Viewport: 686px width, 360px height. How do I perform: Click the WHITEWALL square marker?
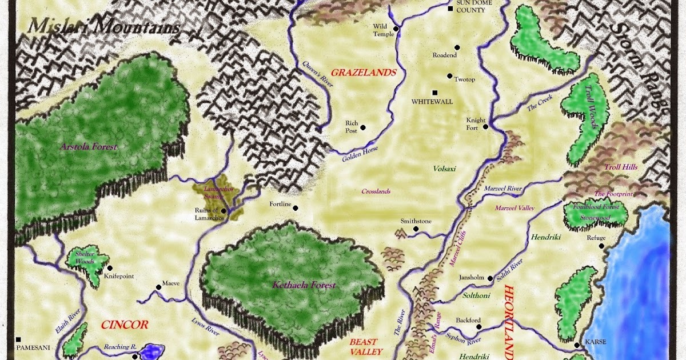434,93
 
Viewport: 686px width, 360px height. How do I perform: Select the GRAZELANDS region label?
364,73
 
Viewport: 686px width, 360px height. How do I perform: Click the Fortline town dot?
296,208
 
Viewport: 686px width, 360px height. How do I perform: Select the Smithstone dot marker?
416,229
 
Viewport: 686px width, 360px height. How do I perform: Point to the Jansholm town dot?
490,278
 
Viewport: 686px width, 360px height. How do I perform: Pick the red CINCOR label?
124,325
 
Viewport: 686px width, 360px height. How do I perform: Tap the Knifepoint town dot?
109,267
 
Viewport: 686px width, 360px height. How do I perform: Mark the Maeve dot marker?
158,287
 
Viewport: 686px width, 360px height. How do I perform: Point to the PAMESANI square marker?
18,339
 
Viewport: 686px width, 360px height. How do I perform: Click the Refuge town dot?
602,246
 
